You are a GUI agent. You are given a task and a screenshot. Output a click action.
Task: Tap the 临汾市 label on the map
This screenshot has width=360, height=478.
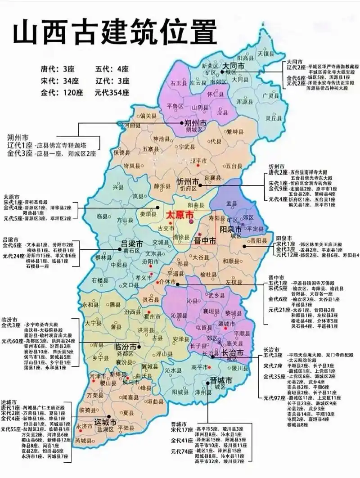[125, 347]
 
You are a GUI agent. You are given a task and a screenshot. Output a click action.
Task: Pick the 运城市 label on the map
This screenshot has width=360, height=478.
[105, 423]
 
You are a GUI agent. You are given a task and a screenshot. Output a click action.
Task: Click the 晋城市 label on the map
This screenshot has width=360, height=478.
[221, 381]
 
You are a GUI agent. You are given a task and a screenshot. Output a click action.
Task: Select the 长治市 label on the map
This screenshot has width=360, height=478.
[233, 352]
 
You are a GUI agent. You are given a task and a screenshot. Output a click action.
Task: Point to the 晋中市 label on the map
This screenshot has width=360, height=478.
[205, 241]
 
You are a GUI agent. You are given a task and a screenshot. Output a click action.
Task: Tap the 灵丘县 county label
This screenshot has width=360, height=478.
[274, 118]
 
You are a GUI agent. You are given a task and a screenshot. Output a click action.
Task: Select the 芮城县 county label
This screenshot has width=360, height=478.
[83, 440]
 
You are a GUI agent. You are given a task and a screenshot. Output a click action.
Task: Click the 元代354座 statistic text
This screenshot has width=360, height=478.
[112, 93]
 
